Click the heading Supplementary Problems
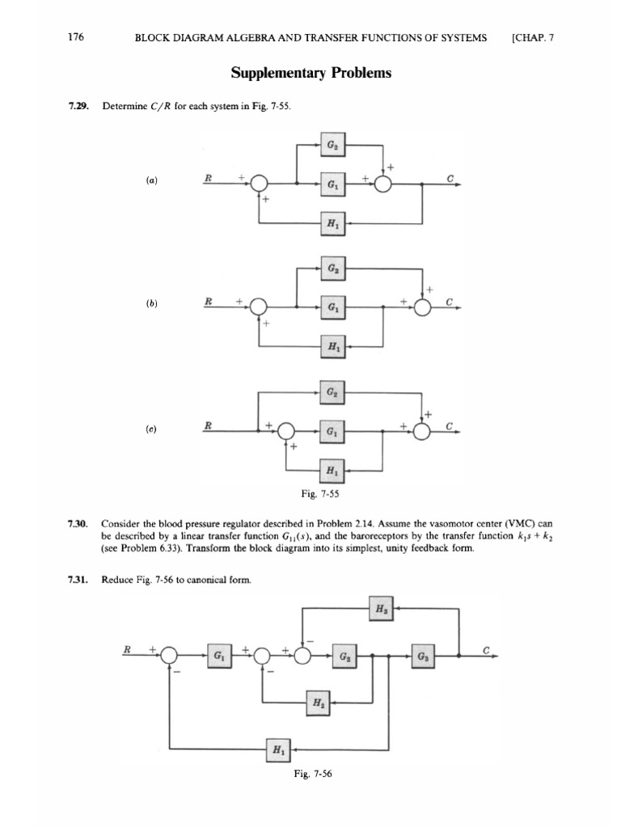click(310, 74)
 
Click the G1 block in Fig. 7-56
click(218, 655)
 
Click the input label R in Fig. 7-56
click(126, 648)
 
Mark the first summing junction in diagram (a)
click(259, 184)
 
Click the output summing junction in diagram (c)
click(421, 432)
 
